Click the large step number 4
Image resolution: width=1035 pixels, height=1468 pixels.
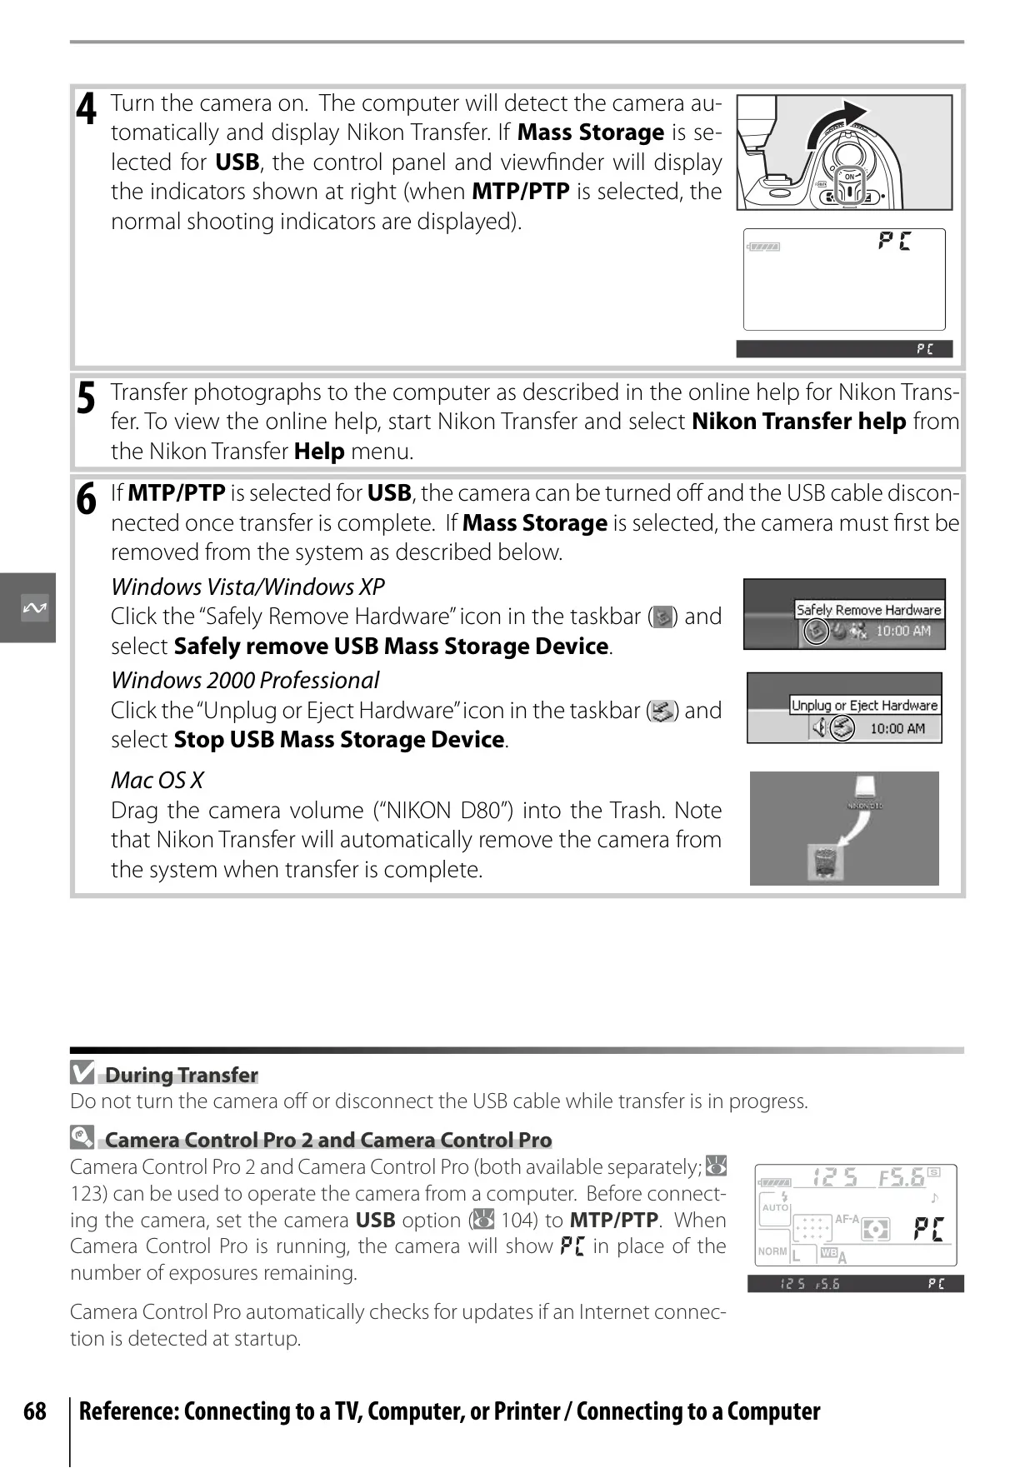click(x=86, y=109)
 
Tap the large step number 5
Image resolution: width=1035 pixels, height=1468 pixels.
click(x=86, y=398)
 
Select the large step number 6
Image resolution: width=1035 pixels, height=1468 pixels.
click(x=86, y=499)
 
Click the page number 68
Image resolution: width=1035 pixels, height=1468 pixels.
click(x=35, y=1411)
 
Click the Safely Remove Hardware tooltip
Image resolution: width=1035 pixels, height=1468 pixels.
click(x=868, y=610)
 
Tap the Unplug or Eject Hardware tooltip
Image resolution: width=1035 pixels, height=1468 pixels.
click(x=864, y=706)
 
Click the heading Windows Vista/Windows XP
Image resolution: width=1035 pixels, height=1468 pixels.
click(x=247, y=587)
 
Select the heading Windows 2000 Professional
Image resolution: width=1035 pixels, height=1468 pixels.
click(x=245, y=681)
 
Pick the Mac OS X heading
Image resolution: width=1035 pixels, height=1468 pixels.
click(x=157, y=781)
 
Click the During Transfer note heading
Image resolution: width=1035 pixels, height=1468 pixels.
click(x=181, y=1076)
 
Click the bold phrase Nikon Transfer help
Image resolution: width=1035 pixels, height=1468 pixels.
click(x=798, y=422)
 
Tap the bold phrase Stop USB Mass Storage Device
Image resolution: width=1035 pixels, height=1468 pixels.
click(x=338, y=740)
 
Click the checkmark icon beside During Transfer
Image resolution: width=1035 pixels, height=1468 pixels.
click(x=82, y=1073)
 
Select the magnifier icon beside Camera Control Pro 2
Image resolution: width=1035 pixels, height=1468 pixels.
click(x=82, y=1136)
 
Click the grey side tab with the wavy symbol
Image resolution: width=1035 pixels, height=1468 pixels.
click(x=27, y=607)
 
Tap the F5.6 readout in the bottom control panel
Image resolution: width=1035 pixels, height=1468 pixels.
click(x=902, y=1177)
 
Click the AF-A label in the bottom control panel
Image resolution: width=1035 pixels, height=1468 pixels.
click(x=847, y=1219)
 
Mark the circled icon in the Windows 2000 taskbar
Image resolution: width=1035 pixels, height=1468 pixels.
click(x=842, y=728)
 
